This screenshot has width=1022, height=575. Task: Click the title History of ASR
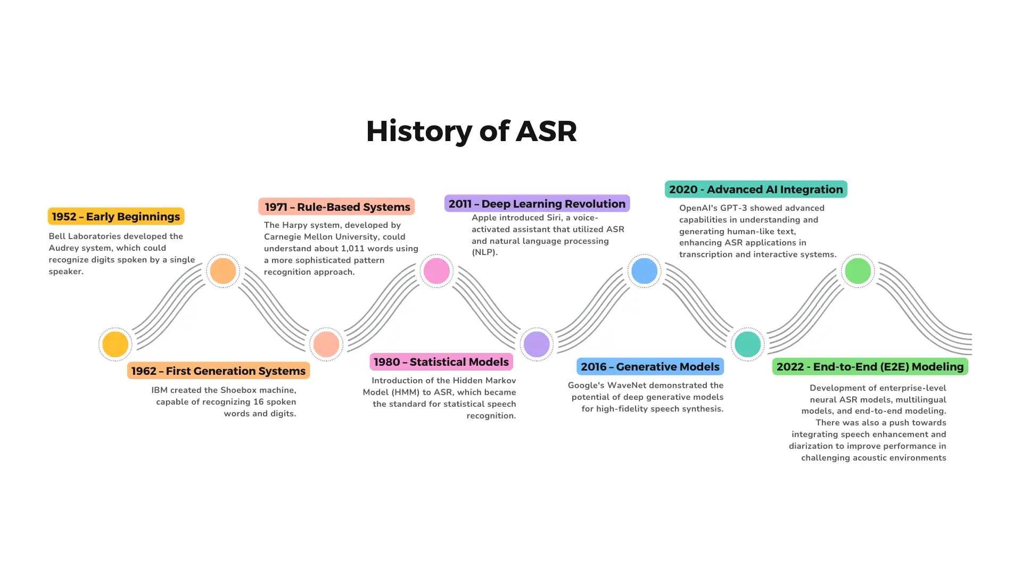(x=471, y=131)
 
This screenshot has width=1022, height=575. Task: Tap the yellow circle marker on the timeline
(x=116, y=344)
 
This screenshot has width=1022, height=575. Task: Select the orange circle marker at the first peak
(x=223, y=270)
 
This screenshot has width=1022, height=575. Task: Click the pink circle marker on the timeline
(x=436, y=270)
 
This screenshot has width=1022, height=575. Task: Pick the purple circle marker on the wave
(x=537, y=344)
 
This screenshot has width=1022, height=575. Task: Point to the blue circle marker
(x=644, y=270)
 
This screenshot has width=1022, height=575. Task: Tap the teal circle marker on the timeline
(x=747, y=344)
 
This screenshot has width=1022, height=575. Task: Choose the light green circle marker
(x=858, y=270)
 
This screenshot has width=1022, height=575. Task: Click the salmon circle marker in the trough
(x=326, y=344)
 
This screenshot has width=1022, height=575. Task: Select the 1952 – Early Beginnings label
(x=116, y=217)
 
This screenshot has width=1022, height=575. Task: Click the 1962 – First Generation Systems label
(x=218, y=371)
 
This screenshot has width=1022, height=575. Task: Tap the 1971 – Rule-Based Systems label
(x=337, y=207)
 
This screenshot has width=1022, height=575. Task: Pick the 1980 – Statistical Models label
(x=441, y=362)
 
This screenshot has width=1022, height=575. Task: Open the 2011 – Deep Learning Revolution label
(x=537, y=204)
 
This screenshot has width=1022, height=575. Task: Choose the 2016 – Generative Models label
(x=650, y=367)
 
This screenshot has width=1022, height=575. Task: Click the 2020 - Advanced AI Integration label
(x=756, y=190)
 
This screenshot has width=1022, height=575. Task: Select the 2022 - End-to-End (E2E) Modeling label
(x=870, y=367)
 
